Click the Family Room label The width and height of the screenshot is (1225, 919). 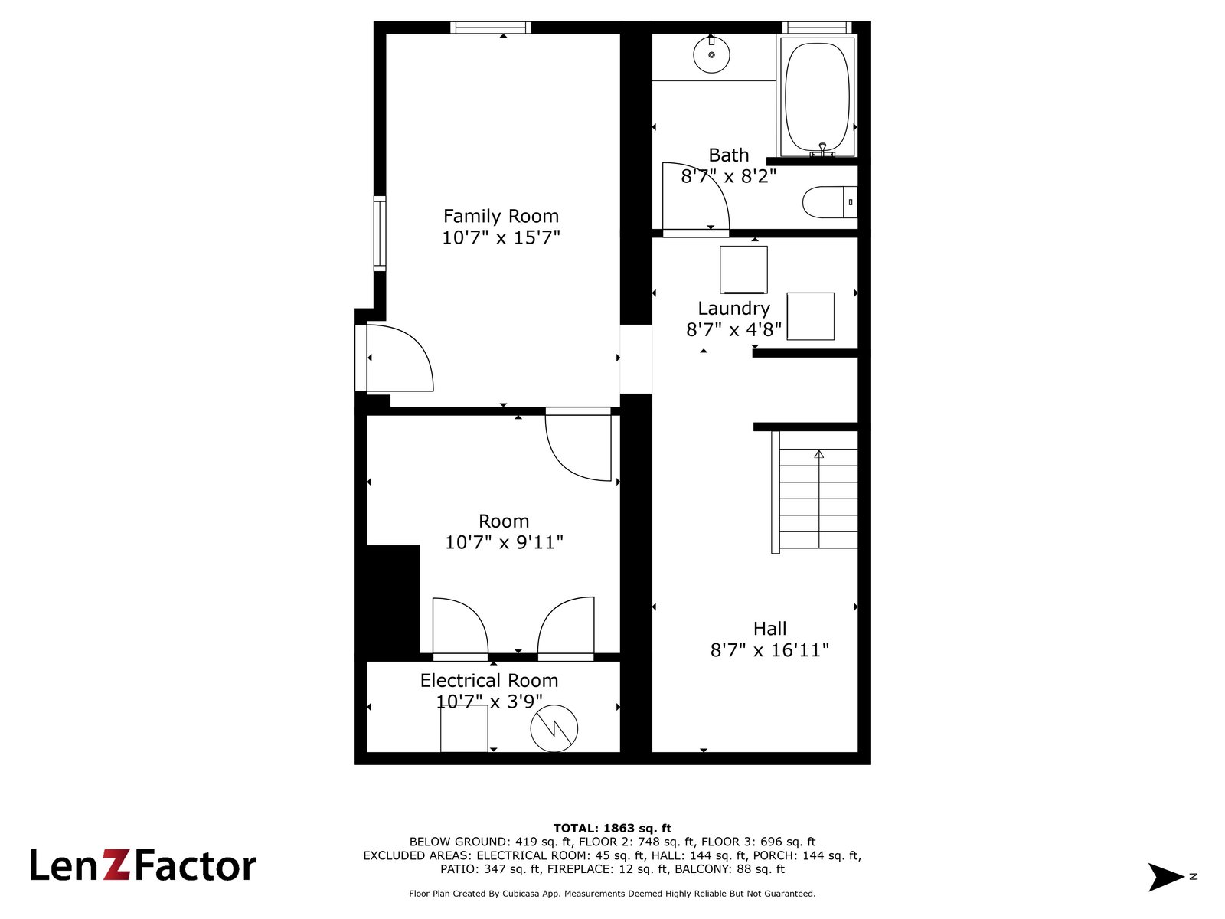(501, 216)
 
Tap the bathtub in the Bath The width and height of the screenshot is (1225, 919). (817, 96)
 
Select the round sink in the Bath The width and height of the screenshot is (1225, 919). (711, 54)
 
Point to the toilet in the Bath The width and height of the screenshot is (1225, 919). (829, 202)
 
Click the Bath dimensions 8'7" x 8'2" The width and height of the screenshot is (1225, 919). (728, 176)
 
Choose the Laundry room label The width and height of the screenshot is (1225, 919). (733, 308)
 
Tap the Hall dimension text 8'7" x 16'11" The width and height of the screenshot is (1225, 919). (769, 650)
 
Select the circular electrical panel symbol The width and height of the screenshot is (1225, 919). (554, 728)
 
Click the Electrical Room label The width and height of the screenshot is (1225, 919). (489, 680)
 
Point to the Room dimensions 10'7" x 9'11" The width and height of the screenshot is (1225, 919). (504, 541)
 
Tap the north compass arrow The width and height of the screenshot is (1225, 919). (1165, 876)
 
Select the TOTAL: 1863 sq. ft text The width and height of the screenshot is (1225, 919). (612, 828)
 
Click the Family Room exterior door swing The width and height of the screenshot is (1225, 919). (400, 358)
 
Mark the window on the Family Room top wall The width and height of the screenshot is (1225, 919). (491, 28)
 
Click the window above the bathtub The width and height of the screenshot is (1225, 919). (817, 28)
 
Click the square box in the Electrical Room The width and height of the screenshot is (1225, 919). (464, 728)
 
